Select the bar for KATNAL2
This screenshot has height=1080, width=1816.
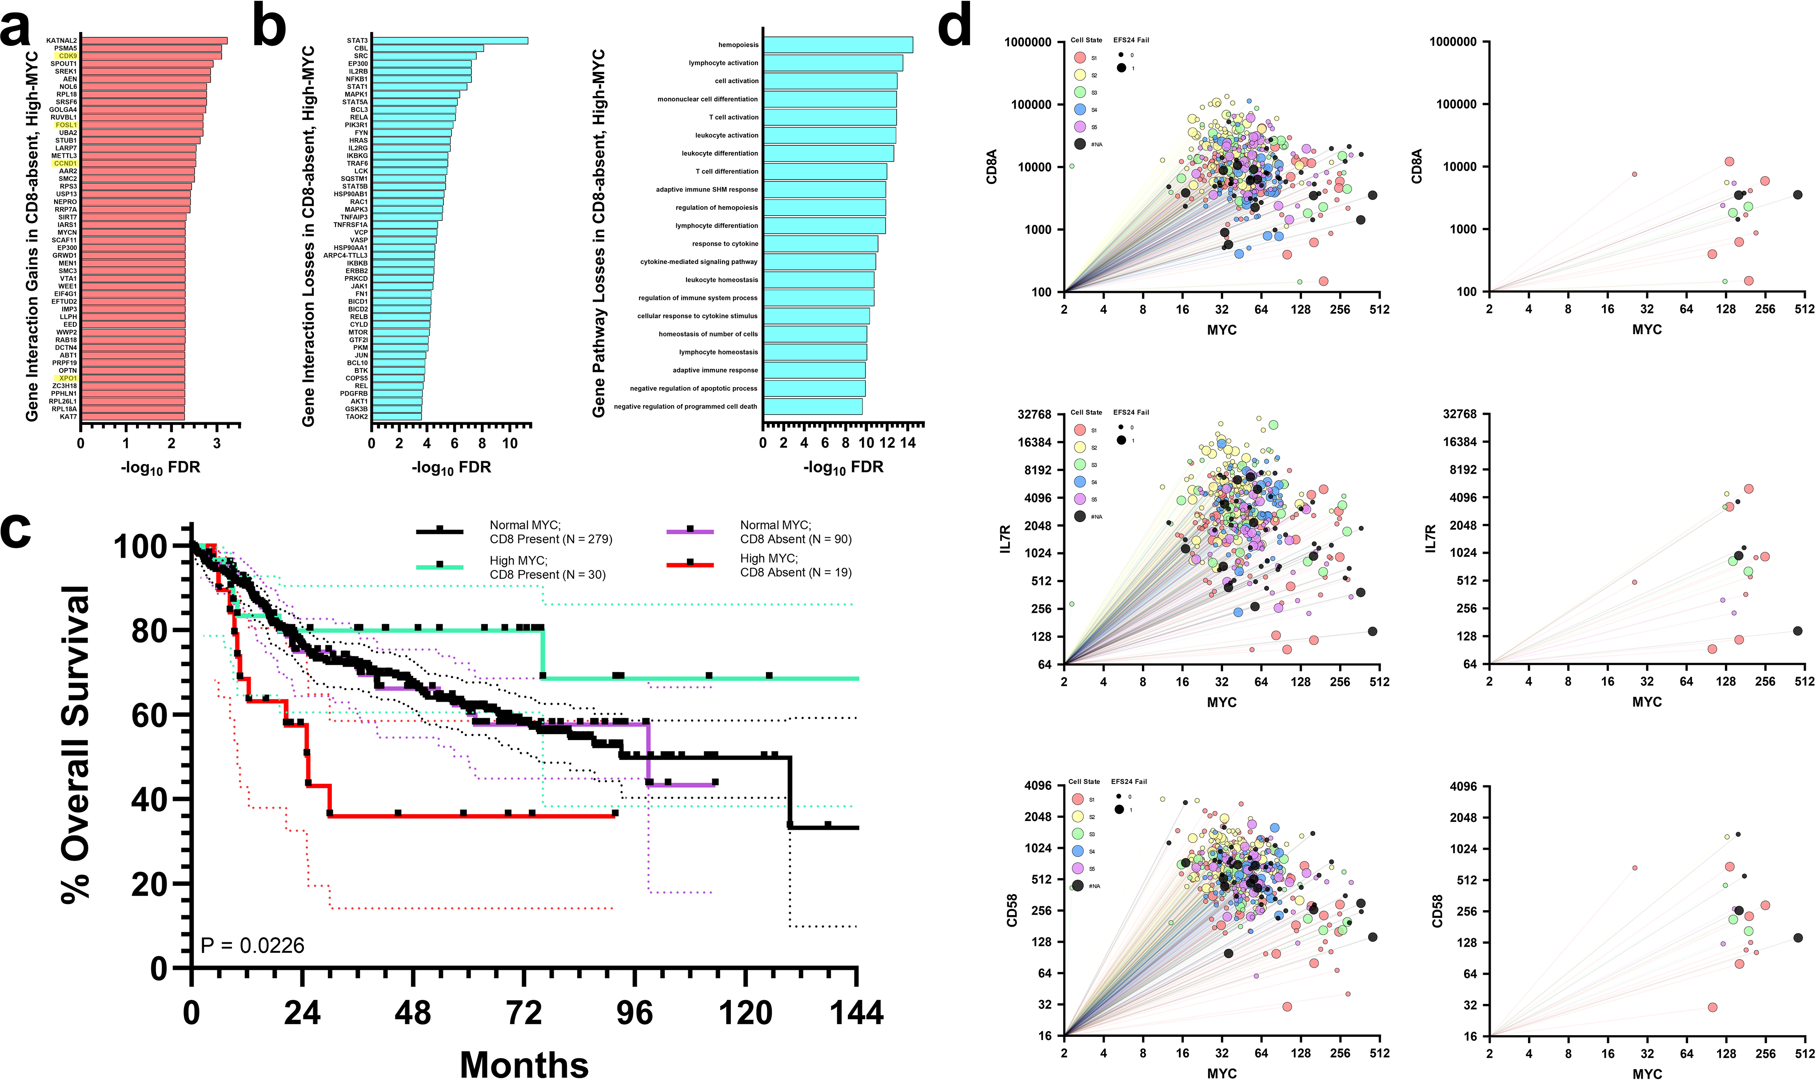(153, 41)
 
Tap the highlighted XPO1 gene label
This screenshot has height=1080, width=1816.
(68, 378)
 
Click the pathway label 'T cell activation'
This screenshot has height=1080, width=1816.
(734, 117)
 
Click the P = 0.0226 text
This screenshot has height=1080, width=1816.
(252, 945)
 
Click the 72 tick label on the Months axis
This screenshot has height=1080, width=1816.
(524, 1013)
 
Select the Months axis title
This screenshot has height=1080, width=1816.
(524, 1064)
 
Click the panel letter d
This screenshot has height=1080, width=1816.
(954, 29)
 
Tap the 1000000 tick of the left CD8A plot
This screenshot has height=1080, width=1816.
(1027, 42)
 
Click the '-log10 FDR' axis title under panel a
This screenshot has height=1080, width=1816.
(160, 467)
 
